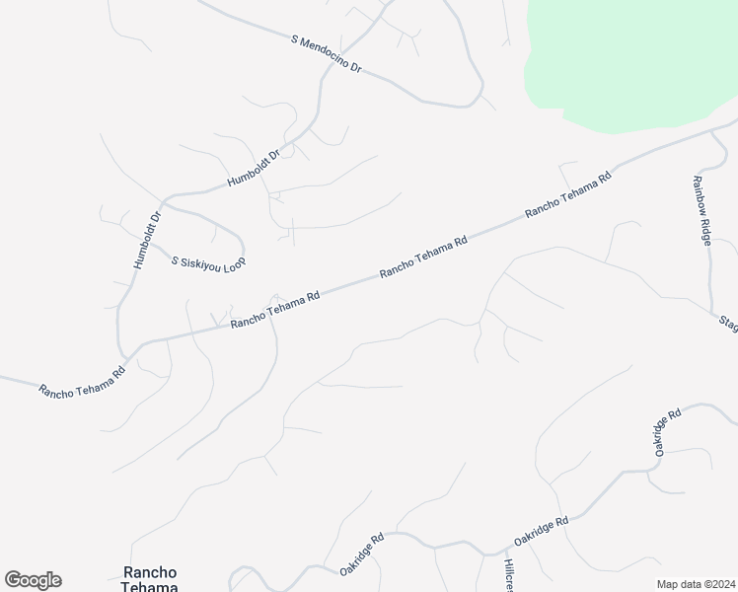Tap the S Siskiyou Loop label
[x=207, y=262]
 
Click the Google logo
[x=33, y=580]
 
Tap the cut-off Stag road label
[x=728, y=325]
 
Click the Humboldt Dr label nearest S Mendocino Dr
[x=255, y=169]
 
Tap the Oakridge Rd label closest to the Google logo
[x=361, y=555]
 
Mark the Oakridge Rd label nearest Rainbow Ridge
[x=667, y=431]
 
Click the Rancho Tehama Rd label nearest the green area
[x=568, y=194]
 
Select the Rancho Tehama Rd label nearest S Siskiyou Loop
[x=275, y=310]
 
